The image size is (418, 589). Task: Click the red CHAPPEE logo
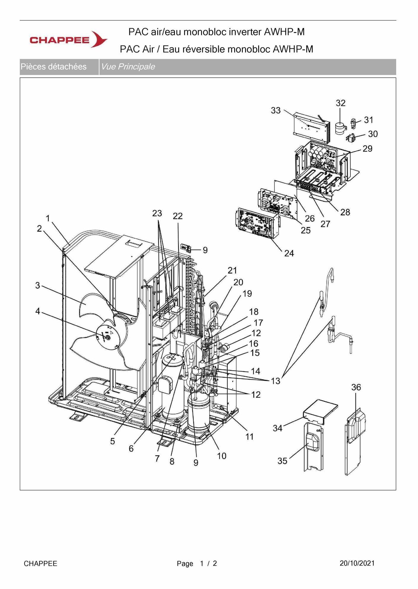(68, 39)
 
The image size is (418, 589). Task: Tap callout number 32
(341, 103)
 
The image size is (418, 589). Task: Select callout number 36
(356, 387)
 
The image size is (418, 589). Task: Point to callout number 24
(289, 253)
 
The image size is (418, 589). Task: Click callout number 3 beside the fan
(38, 285)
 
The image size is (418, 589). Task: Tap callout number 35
(282, 461)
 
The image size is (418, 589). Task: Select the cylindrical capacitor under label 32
(341, 128)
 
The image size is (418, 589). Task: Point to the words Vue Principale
(128, 66)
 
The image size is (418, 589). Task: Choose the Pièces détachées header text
(53, 66)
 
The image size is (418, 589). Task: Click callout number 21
(232, 270)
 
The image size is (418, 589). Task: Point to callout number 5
(112, 441)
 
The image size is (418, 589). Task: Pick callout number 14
(256, 371)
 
